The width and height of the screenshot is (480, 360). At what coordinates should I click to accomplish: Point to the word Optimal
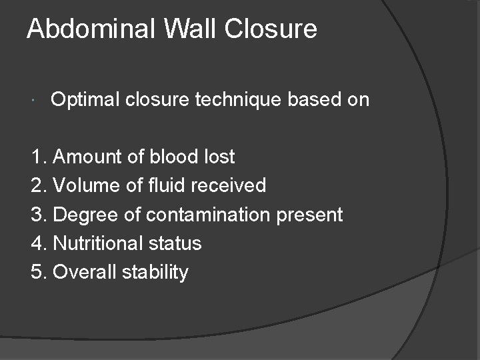click(x=82, y=100)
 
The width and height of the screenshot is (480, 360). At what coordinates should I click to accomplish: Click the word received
click(x=229, y=185)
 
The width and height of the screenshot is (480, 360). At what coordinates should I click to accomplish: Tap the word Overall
click(x=83, y=272)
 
